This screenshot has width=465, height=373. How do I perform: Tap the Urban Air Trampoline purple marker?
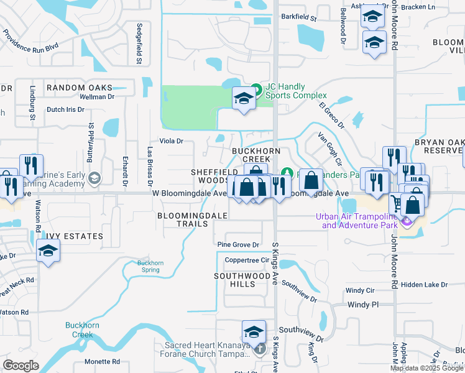point(407,220)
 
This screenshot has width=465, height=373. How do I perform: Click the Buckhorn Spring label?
point(150,267)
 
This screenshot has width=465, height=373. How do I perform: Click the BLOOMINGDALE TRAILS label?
point(192,219)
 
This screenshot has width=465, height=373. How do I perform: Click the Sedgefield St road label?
point(139,44)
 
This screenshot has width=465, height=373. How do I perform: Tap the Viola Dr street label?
point(171,141)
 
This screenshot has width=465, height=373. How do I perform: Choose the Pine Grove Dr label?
point(237,246)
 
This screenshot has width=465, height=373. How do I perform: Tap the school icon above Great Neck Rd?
point(48,252)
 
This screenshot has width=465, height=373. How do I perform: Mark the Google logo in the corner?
point(21,366)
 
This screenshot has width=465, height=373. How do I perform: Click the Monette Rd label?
point(102,361)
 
